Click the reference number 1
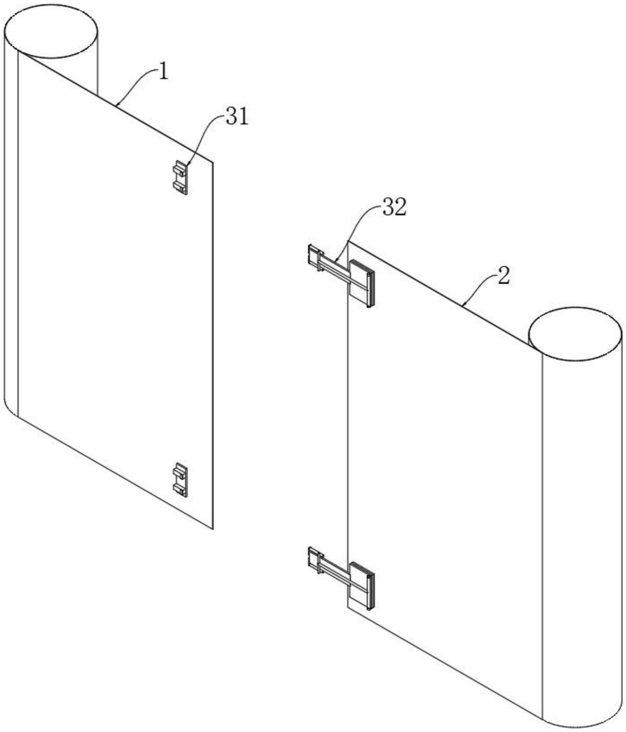(x=163, y=72)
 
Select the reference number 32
(x=394, y=207)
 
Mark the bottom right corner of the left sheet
(x=212, y=529)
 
